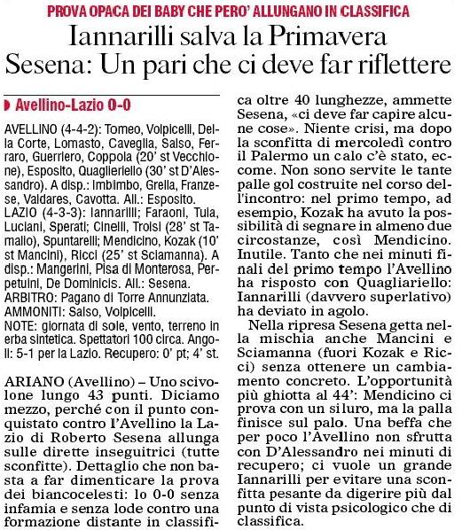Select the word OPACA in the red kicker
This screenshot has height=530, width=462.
[x=137, y=11]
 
